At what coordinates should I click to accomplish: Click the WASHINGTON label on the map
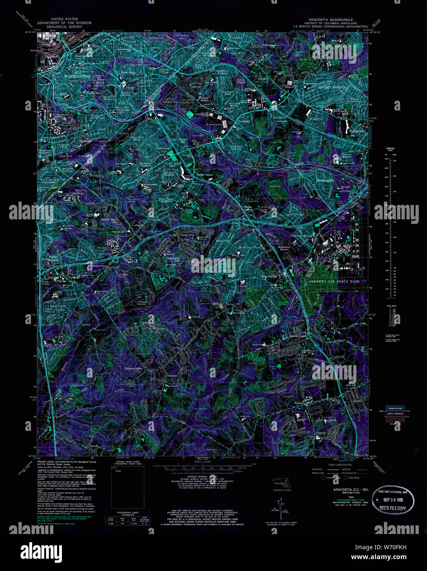77,76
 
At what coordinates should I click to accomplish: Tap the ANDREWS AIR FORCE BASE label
332,281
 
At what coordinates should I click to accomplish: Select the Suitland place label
244,121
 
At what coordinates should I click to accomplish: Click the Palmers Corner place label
133,368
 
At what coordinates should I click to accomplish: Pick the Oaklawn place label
171,375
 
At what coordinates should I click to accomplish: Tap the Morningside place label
325,180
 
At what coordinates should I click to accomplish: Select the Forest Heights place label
54,258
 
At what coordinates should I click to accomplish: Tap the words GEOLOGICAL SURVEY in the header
64,26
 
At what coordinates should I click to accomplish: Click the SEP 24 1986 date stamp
393,500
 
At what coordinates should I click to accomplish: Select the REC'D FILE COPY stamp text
393,508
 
